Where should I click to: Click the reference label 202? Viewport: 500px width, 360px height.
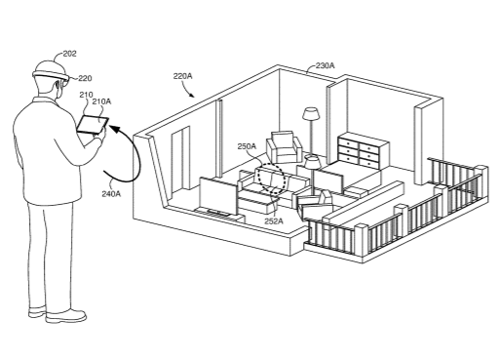69,54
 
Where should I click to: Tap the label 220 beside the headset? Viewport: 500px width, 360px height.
85,78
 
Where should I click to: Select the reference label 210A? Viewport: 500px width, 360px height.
101,101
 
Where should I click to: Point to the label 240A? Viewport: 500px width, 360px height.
111,194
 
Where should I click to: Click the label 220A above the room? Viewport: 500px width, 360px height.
182,76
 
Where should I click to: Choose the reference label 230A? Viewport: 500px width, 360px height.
326,65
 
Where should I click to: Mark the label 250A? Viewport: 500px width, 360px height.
247,146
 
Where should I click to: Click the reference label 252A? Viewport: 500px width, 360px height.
274,221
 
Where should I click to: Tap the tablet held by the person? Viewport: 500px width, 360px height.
93,125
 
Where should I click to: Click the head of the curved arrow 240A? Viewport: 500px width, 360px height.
113,128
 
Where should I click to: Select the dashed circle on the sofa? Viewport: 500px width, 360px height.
272,179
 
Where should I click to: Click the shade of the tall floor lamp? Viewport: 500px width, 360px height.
312,114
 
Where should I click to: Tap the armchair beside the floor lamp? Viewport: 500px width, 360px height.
284,146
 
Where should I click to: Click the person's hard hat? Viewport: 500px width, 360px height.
52,71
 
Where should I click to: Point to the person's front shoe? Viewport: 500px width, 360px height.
66,315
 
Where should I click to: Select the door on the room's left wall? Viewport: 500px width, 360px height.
180,161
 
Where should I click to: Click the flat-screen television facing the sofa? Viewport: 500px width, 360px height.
217,196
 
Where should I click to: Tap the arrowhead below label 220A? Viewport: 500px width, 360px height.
192,95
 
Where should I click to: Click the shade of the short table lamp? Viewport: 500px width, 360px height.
313,162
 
